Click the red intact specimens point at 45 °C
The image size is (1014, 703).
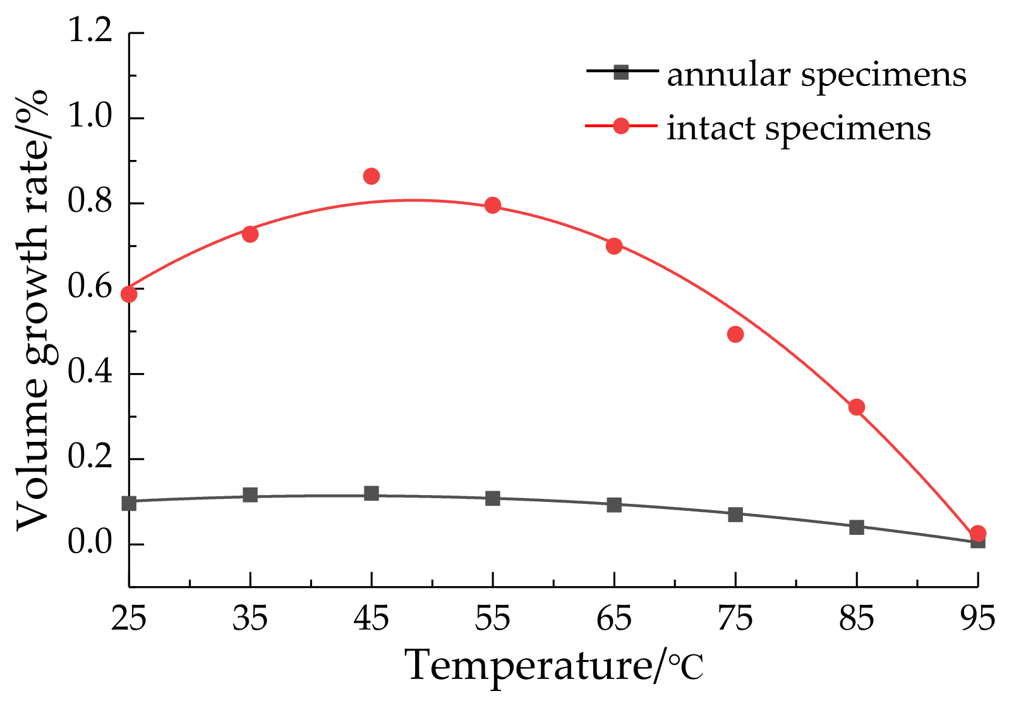(371, 176)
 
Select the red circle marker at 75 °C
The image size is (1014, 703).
(735, 334)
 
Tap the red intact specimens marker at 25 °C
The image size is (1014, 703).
(130, 294)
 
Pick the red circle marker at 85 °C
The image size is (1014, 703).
(857, 407)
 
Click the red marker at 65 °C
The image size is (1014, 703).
(614, 246)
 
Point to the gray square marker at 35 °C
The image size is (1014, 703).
(250, 494)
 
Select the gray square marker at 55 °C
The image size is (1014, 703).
(493, 498)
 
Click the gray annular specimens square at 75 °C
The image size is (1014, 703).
(735, 515)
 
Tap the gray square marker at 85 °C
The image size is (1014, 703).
(857, 527)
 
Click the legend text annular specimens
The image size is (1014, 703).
(816, 75)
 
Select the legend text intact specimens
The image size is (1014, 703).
(799, 128)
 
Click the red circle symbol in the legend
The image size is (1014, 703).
(622, 126)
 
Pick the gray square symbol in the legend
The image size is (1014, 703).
(622, 72)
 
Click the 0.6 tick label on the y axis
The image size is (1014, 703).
(90, 288)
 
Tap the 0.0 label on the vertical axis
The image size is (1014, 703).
(90, 544)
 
